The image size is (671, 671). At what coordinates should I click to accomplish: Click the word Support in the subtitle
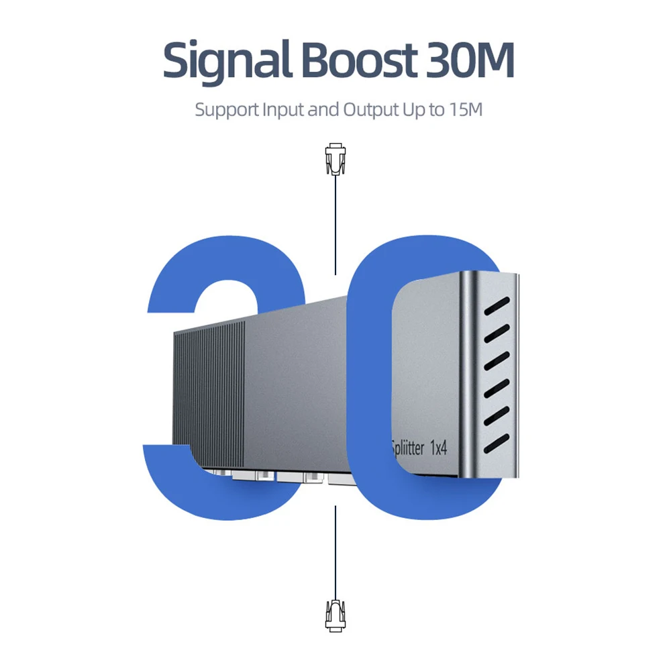point(225,109)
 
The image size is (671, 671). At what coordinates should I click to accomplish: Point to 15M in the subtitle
point(464,109)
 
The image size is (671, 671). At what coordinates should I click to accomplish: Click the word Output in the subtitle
point(371,109)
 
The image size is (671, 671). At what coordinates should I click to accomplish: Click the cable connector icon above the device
point(334,160)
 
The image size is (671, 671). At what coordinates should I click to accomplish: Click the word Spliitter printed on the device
point(407,448)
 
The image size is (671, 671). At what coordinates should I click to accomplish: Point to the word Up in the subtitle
point(413,109)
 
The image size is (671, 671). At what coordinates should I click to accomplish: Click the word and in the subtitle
point(323,109)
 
